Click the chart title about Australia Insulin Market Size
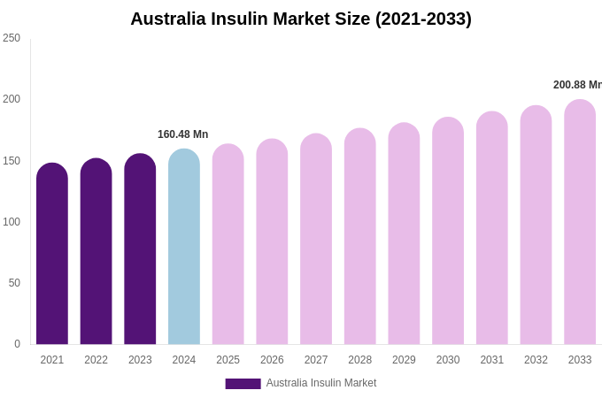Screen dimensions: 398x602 click(301, 19)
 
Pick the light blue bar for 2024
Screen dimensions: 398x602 click(184, 247)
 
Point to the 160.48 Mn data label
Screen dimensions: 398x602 click(182, 134)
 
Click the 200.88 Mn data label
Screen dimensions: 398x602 click(577, 85)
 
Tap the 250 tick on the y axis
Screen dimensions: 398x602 click(12, 38)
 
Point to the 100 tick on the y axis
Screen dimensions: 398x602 click(12, 222)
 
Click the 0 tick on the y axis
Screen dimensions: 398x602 click(17, 344)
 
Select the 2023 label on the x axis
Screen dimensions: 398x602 click(140, 360)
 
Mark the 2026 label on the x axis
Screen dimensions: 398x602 click(272, 360)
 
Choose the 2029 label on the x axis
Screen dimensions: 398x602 click(404, 360)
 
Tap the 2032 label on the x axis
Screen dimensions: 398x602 click(536, 360)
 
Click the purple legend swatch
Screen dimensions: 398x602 click(243, 384)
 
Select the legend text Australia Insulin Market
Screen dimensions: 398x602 click(321, 383)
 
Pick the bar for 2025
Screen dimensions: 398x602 click(228, 244)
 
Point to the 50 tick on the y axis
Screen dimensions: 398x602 click(14, 283)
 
